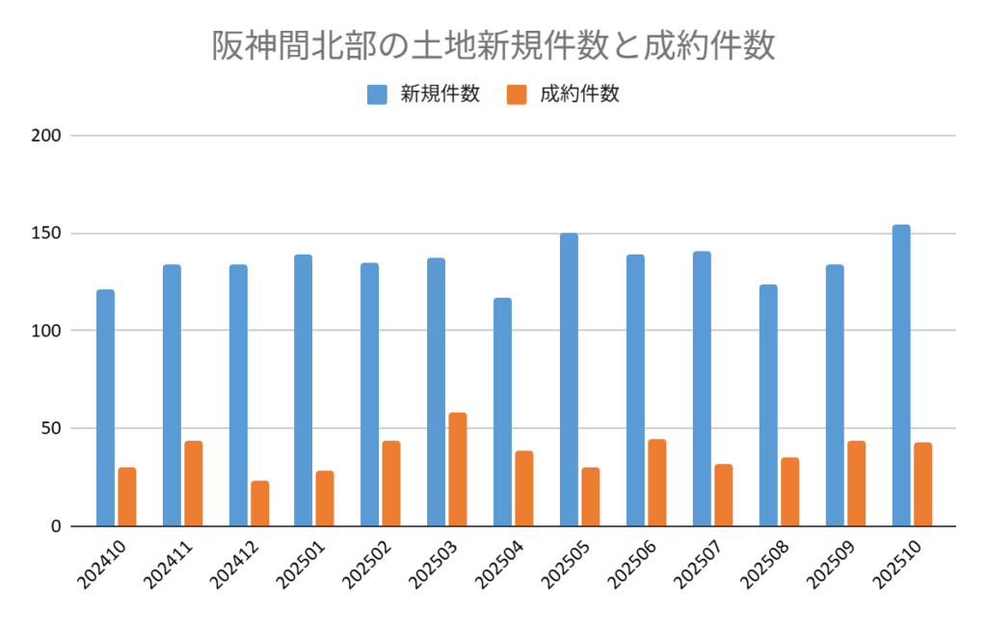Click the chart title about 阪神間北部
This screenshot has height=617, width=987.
click(x=493, y=45)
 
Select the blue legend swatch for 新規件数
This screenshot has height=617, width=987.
click(x=377, y=94)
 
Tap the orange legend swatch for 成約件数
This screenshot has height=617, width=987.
click(x=517, y=94)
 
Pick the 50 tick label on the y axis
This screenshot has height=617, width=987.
click(x=52, y=428)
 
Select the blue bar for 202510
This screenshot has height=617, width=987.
click(x=901, y=376)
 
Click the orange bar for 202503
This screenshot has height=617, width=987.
click(x=458, y=469)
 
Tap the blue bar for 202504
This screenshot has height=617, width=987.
click(x=503, y=413)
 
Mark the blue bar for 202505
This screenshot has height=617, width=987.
click(x=569, y=380)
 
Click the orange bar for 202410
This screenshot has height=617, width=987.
click(x=127, y=496)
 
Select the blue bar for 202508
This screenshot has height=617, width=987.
click(x=768, y=406)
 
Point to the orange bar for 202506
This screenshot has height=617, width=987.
click(x=657, y=483)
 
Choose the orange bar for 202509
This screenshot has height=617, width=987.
click(x=856, y=484)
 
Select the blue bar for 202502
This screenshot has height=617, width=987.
click(x=370, y=394)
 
